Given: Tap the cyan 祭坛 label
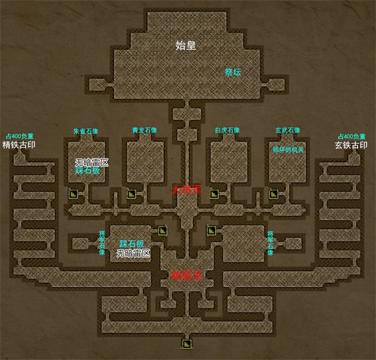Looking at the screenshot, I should click(x=233, y=72).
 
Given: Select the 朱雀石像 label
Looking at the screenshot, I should click(x=85, y=131).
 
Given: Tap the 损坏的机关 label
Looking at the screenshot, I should click(x=288, y=150).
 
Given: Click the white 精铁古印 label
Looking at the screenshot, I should click(x=20, y=145).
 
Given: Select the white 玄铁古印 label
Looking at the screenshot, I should click(x=351, y=145).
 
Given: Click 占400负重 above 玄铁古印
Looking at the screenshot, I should click(x=352, y=136).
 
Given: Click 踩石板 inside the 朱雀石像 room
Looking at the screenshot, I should click(x=91, y=170).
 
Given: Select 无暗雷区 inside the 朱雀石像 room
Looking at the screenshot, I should click(x=91, y=162).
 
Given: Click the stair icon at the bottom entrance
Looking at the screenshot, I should click(x=186, y=343).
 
